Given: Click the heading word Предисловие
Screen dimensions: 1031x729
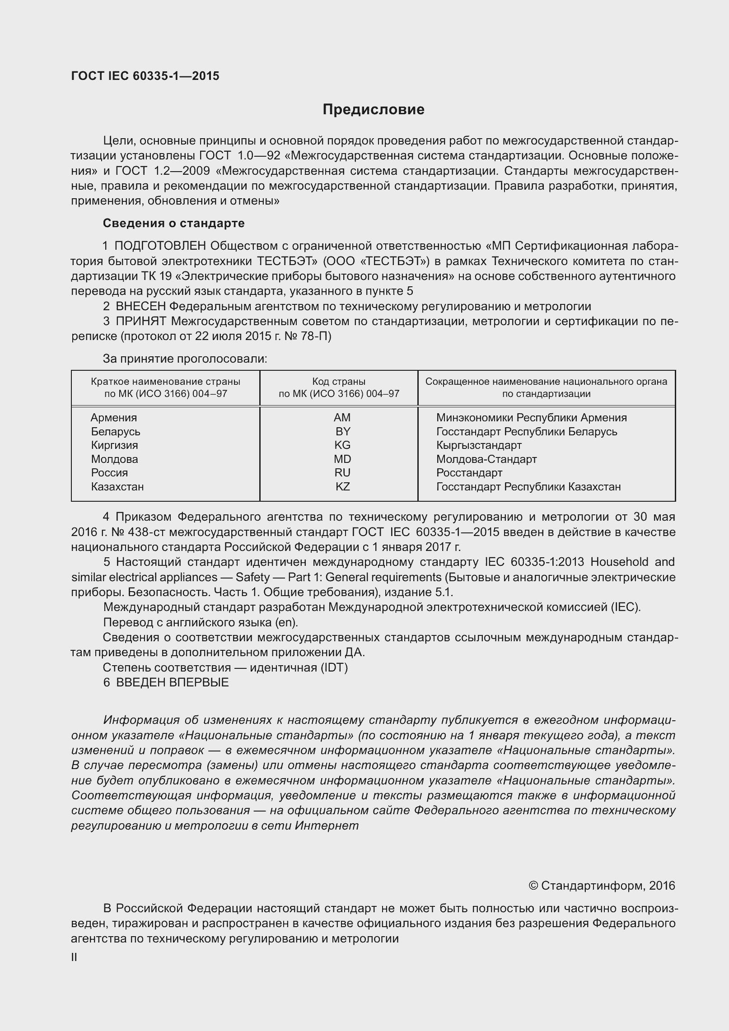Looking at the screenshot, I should [373, 110].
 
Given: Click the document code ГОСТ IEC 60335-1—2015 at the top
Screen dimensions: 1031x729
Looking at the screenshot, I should [145, 76].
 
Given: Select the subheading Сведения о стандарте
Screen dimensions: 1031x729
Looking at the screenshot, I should [173, 223].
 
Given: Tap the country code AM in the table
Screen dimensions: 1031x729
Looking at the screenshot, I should [342, 418].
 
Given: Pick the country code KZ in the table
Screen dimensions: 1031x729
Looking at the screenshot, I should [342, 487].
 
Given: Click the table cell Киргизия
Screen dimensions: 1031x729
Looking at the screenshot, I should [114, 445].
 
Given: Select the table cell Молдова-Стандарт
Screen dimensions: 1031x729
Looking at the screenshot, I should [486, 459].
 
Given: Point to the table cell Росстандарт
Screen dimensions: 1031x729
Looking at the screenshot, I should [469, 473].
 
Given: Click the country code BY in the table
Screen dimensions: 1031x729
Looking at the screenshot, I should [342, 432].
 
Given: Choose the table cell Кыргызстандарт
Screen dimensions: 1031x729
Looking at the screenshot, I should [479, 445].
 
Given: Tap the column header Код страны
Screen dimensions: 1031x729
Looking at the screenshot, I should [339, 382].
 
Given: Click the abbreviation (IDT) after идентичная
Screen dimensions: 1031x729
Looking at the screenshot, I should [334, 667].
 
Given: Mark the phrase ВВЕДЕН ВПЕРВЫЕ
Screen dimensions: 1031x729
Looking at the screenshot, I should [172, 682].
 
